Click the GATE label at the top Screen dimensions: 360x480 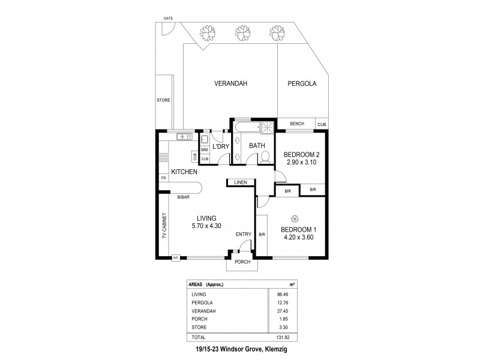[168, 19]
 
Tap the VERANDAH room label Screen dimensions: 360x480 [231, 84]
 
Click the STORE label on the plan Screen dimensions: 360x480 [163, 100]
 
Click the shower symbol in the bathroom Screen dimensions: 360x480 [265, 127]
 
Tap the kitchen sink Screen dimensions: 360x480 [181, 137]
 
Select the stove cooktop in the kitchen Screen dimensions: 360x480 [163, 158]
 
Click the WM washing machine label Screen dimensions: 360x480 [204, 149]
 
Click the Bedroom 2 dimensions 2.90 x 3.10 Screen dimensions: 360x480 [301, 163]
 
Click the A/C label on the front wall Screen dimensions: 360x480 [176, 258]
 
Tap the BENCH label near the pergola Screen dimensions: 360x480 [297, 124]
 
